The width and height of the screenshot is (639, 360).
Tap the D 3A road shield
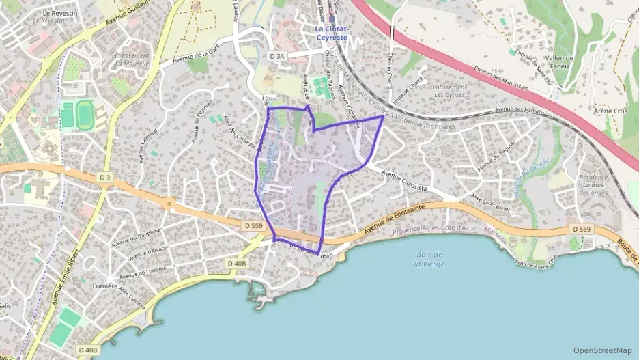[276, 57]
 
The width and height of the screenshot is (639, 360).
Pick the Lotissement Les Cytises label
[450, 91]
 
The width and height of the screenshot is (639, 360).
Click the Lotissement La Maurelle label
[132, 59]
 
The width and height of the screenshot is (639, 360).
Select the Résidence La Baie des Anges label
[593, 185]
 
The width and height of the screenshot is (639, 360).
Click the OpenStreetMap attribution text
[602, 350]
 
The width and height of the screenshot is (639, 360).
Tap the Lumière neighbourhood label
[107, 286]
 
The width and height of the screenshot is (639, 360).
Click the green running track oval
[85, 114]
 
